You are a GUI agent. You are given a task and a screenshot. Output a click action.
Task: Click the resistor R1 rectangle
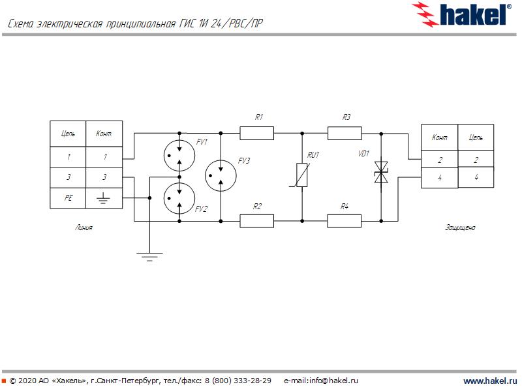tap(256, 134)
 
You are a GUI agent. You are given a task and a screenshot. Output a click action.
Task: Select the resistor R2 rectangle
tap(256, 221)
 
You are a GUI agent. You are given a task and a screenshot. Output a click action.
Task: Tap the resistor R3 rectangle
tap(344, 134)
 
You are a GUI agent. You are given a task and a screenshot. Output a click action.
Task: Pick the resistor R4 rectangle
tap(344, 221)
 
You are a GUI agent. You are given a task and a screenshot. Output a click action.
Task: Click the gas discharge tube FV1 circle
tap(178, 154)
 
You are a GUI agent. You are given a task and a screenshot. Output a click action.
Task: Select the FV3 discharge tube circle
tap(221, 177)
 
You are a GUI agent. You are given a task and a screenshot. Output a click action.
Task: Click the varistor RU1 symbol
tap(302, 176)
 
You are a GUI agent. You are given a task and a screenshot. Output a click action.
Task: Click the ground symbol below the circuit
tap(149, 255)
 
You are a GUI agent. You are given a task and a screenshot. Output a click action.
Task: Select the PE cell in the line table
tap(69, 197)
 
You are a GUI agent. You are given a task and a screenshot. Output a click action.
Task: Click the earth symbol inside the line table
tap(103, 197)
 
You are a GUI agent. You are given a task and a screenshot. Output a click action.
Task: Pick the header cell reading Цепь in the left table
tap(69, 134)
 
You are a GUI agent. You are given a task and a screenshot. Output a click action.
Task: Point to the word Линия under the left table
tap(84, 228)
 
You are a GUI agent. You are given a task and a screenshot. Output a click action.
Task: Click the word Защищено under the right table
tap(460, 228)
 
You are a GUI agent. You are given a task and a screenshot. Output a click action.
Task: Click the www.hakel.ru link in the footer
tap(489, 381)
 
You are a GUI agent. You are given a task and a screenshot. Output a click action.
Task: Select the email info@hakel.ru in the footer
tap(322, 381)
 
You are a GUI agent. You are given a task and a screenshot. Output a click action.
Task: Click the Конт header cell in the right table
tap(439, 138)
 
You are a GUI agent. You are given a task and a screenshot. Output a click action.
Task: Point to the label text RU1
tap(314, 154)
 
